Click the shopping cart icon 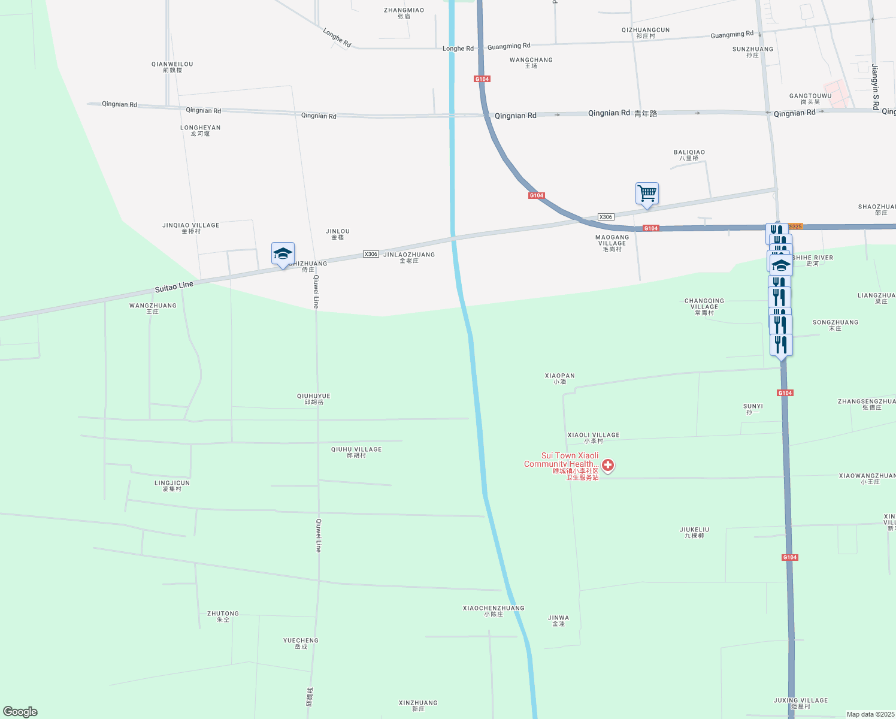pyautogui.click(x=647, y=194)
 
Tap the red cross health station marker pyautogui.click(x=608, y=465)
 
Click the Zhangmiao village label pyautogui.click(x=404, y=13)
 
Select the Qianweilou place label pyautogui.click(x=172, y=67)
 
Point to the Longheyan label pyautogui.click(x=200, y=130)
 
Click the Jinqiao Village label pyautogui.click(x=190, y=228)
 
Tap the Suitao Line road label pyautogui.click(x=174, y=287)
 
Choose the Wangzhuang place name pyautogui.click(x=153, y=308)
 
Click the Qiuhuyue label pyautogui.click(x=313, y=398)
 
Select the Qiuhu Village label pyautogui.click(x=356, y=452)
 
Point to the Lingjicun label pyautogui.click(x=172, y=485)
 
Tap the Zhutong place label pyautogui.click(x=223, y=616)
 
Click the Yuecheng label pyautogui.click(x=301, y=643)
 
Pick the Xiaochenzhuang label pyautogui.click(x=494, y=611)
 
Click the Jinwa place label pyautogui.click(x=558, y=620)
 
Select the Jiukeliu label pyautogui.click(x=694, y=532)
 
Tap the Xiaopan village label pyautogui.click(x=559, y=378)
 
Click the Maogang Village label pyautogui.click(x=612, y=243)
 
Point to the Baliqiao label pyautogui.click(x=689, y=155)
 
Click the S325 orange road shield pyautogui.click(x=795, y=226)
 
